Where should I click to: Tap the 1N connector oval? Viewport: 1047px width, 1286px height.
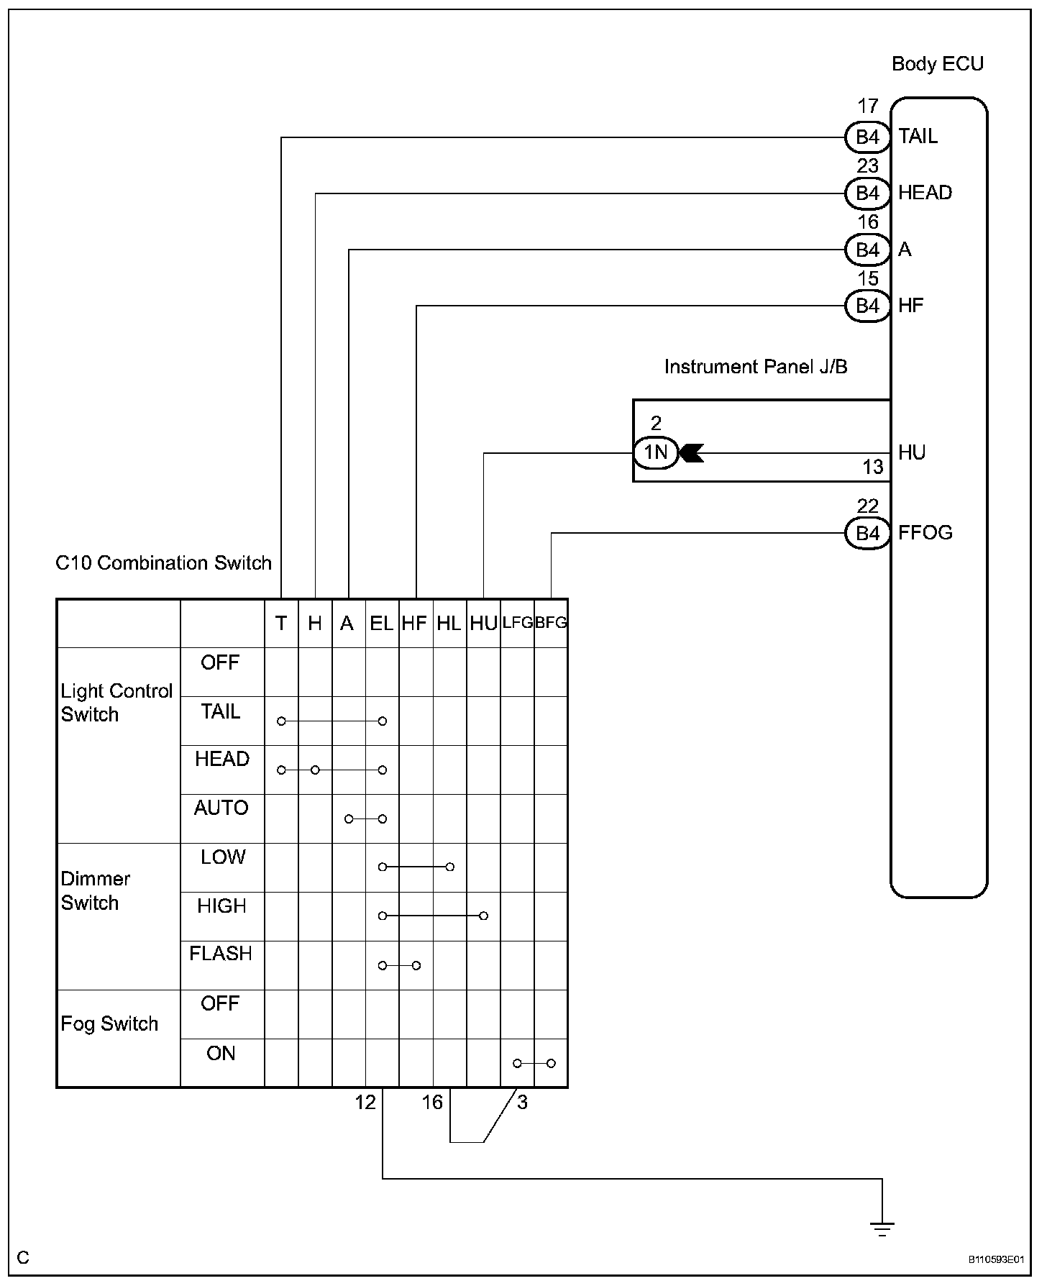(x=656, y=452)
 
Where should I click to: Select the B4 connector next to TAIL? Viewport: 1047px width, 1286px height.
(x=868, y=137)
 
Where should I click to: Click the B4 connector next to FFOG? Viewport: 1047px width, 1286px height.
(x=868, y=533)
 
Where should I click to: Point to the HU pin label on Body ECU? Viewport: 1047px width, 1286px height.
(x=912, y=452)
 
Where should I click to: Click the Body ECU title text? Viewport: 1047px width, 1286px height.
(x=937, y=64)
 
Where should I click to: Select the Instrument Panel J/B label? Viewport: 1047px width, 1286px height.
(x=756, y=367)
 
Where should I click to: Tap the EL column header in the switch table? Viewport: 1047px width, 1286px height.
(x=382, y=623)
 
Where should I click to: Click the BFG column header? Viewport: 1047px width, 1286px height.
(x=551, y=623)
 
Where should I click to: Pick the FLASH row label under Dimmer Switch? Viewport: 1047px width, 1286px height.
(x=221, y=954)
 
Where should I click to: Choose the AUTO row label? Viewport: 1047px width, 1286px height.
(x=221, y=808)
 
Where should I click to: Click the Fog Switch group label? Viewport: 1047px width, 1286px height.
(x=109, y=1023)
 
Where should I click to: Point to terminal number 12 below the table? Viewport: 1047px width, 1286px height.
(x=365, y=1102)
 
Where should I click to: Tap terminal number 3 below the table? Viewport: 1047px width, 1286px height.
(x=522, y=1102)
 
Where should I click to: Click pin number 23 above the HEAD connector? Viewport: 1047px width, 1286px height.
(x=868, y=166)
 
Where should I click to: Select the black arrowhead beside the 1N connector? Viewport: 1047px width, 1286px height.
(x=692, y=453)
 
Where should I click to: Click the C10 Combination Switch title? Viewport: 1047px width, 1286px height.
(x=164, y=562)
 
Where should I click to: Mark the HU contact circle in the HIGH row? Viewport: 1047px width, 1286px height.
(x=483, y=916)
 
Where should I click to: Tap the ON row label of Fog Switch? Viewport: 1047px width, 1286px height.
(x=221, y=1053)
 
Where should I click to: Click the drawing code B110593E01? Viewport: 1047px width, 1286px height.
(x=996, y=1259)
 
